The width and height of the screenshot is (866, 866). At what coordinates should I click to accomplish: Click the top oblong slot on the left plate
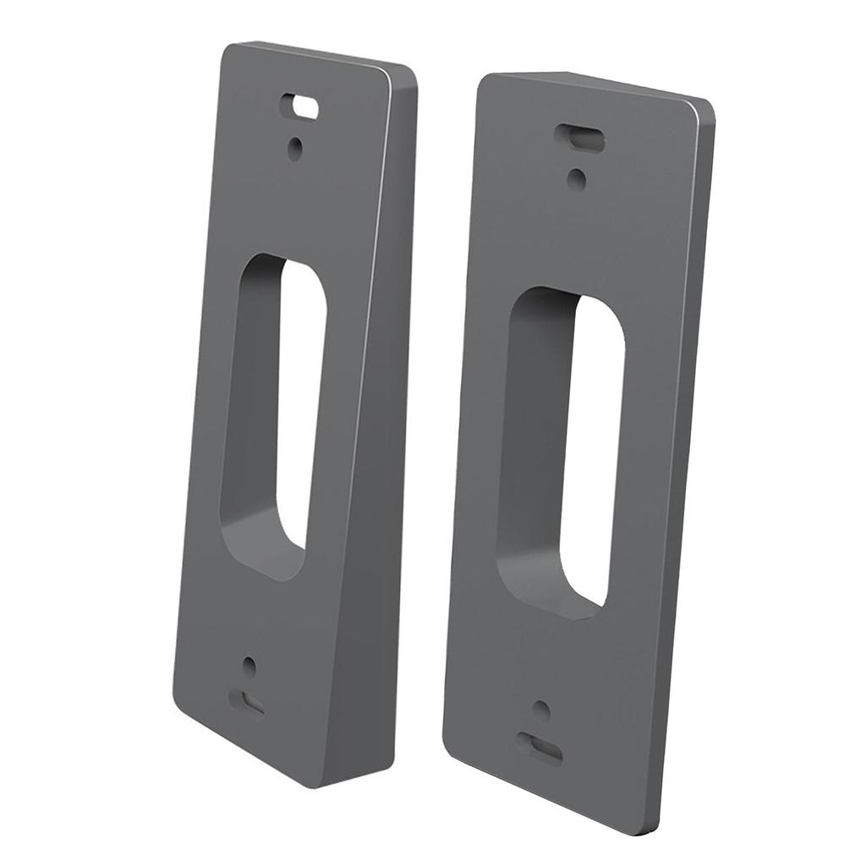(x=300, y=107)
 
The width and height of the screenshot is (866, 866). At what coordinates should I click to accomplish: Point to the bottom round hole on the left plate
(x=249, y=666)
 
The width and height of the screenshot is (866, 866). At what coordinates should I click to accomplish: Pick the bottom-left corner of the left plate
(x=178, y=709)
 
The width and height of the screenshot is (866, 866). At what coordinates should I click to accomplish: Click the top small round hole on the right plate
(x=576, y=178)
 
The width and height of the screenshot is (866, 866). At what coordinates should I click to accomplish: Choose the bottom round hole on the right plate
(x=541, y=710)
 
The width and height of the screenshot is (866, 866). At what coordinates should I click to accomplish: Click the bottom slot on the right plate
(x=539, y=748)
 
